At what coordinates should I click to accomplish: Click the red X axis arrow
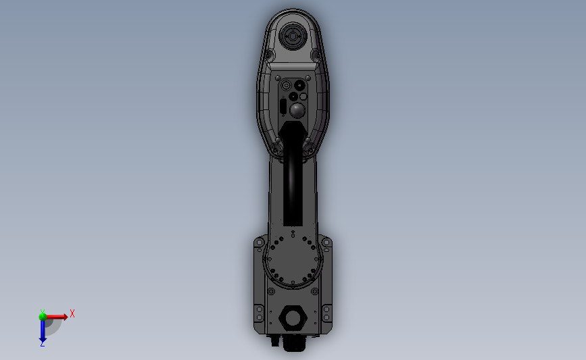click(57, 316)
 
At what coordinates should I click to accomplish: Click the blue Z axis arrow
click(43, 331)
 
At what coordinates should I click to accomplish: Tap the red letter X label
click(72, 313)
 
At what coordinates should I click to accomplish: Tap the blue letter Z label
click(42, 344)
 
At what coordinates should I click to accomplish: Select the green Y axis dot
click(43, 315)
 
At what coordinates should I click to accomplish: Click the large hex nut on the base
click(293, 317)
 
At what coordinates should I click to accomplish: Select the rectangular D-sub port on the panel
click(282, 106)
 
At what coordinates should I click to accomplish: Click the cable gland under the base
click(293, 343)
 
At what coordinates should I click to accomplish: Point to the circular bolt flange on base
click(293, 260)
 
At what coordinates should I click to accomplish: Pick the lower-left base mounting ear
click(258, 314)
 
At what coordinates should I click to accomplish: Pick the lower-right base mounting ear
click(327, 314)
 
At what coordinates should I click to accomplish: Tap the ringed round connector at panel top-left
click(286, 86)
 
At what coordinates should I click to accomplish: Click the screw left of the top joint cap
click(268, 54)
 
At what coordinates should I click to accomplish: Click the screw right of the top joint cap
click(316, 54)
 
